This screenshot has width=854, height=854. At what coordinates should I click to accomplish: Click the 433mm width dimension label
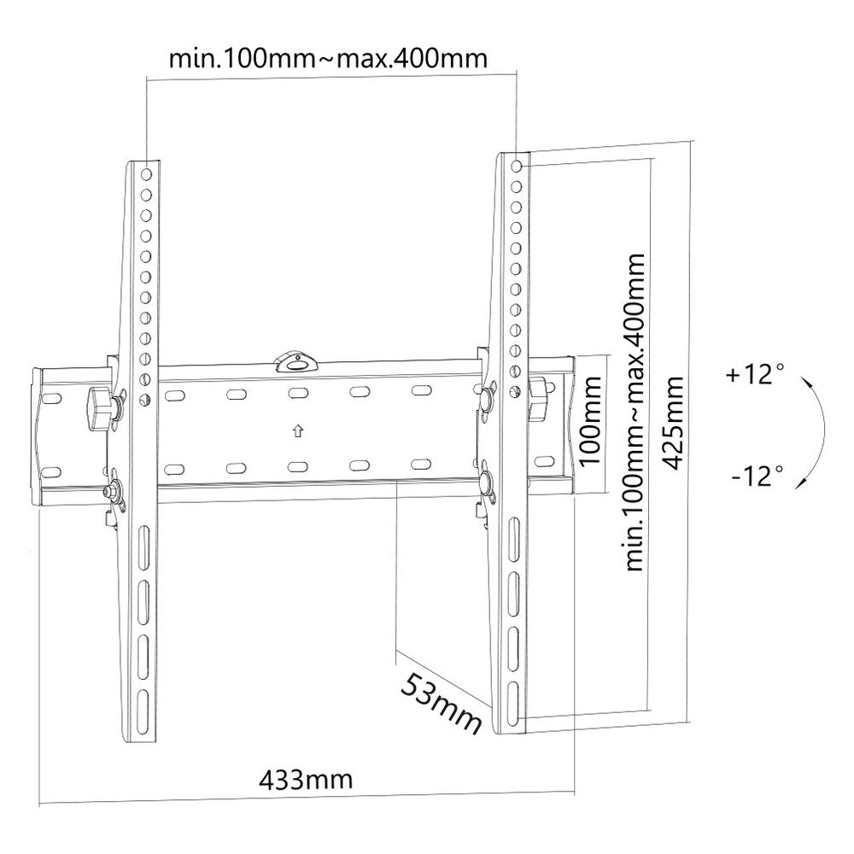coord(305,781)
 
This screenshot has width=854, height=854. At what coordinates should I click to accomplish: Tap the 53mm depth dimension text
coord(442,703)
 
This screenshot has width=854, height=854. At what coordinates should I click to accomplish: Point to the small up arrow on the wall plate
coord(296,430)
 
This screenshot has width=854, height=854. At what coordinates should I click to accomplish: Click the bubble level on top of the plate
coord(295,360)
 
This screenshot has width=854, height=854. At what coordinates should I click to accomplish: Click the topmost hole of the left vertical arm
coord(147,174)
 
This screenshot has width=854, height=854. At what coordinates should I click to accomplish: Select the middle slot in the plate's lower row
coord(296,466)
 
